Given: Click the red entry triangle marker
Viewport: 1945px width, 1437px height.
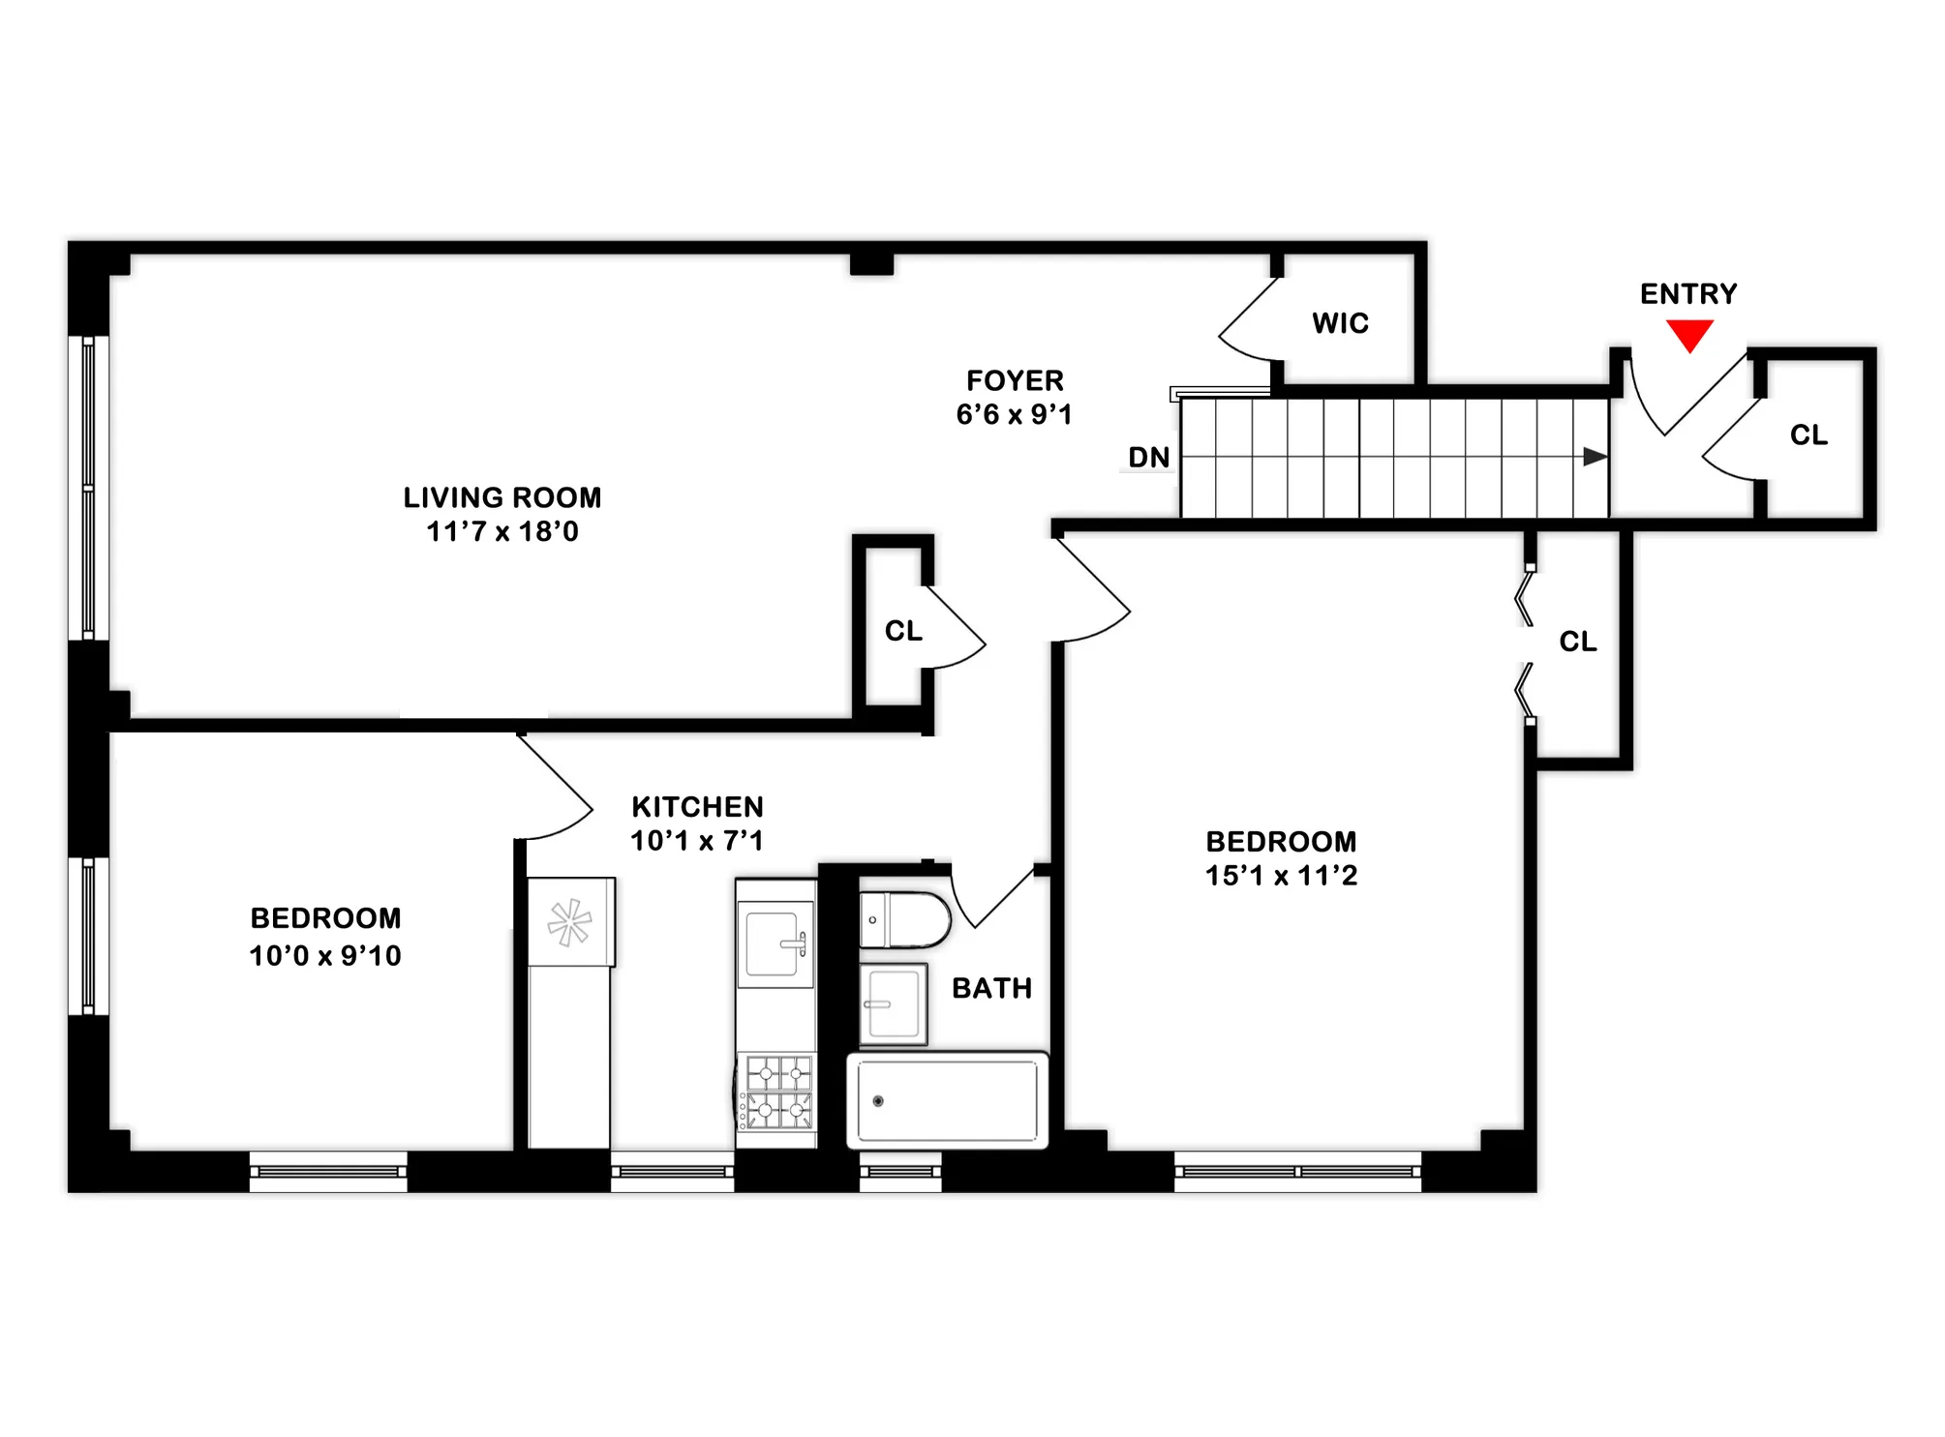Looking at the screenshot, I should [x=1689, y=335].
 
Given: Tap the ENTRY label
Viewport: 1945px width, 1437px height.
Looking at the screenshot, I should [x=1688, y=294].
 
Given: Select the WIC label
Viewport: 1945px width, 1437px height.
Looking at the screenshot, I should [x=1341, y=323].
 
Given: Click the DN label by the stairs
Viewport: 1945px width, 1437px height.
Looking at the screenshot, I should [x=1149, y=458].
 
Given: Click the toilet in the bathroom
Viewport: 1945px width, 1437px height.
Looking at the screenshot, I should [x=905, y=919].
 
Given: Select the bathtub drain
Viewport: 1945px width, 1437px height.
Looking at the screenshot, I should [x=878, y=1101].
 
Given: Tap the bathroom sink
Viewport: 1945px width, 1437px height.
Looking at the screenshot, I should [x=893, y=1003].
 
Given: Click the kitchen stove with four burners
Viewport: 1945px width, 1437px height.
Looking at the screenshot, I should [x=777, y=1093].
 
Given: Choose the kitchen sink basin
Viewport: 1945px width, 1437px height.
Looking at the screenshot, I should [x=773, y=943].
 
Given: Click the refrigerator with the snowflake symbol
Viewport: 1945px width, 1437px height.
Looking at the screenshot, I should [x=570, y=922].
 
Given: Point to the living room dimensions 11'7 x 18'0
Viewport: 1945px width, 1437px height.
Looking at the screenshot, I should [x=502, y=531].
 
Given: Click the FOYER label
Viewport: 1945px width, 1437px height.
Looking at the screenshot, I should [x=1015, y=380].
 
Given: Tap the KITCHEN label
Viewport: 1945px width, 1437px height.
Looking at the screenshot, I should [x=697, y=807].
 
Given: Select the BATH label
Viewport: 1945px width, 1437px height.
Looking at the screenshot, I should [x=991, y=988].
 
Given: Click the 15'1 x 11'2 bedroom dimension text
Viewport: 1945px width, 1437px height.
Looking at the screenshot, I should [x=1281, y=876].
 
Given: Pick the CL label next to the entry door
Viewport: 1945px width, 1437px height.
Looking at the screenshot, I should [x=1808, y=435].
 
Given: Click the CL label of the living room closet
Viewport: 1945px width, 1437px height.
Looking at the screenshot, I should [x=903, y=631].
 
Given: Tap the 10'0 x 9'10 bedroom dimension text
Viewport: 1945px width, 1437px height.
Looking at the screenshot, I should [x=325, y=956].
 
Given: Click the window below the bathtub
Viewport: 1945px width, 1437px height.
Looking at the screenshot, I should [x=900, y=1172].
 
